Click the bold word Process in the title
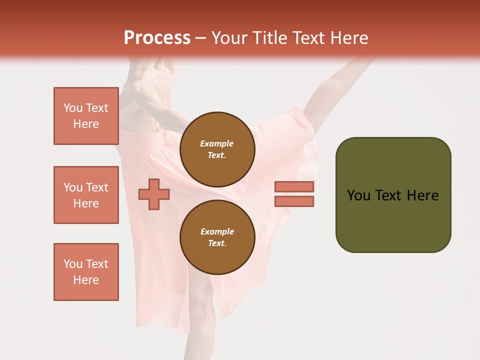pos(157,38)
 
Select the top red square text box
pos(86,116)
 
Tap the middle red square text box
pos(86,195)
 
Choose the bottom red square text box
pos(86,272)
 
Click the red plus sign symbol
pos(154,194)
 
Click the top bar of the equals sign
pos(294,186)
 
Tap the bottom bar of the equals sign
pos(294,201)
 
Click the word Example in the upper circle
pos(217,143)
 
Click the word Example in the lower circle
pos(217,231)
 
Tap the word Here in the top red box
pos(86,124)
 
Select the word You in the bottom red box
pos(72,264)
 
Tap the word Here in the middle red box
pos(86,203)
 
